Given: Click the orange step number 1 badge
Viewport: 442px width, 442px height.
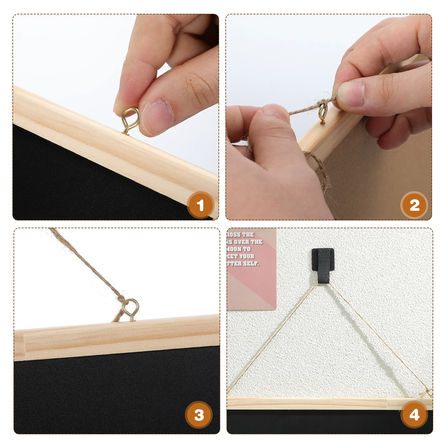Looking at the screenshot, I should [x=200, y=205].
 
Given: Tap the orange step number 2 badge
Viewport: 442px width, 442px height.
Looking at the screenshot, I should [x=414, y=205].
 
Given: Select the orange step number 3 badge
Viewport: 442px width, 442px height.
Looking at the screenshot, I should [x=199, y=415].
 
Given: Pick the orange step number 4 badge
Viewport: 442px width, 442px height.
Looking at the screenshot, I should [x=414, y=415].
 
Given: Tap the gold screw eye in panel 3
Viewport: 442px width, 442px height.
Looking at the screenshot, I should [x=131, y=310].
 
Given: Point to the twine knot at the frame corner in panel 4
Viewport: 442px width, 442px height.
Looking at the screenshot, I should [x=428, y=392].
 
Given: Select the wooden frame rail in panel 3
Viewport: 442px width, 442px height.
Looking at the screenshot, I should [x=116, y=338].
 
